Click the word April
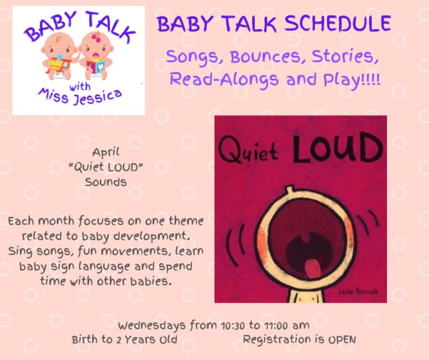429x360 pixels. pos(106,153)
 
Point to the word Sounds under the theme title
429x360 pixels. pos(106,182)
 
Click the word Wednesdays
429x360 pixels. pos(152,325)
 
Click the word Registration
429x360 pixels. pos(277,340)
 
